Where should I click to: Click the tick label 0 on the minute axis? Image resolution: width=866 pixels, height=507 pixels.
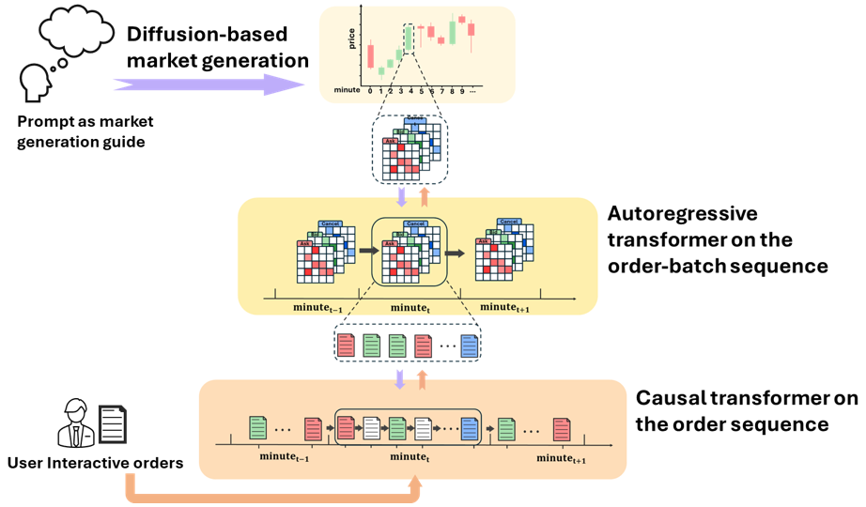[370, 92]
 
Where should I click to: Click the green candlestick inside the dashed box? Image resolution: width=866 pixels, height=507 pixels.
[410, 40]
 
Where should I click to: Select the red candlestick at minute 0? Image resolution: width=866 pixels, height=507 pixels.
[370, 55]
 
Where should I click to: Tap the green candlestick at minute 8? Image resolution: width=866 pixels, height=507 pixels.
[452, 31]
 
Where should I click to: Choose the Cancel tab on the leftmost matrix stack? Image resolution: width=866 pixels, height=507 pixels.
[330, 223]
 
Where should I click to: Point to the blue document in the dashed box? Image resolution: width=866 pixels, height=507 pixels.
[468, 346]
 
